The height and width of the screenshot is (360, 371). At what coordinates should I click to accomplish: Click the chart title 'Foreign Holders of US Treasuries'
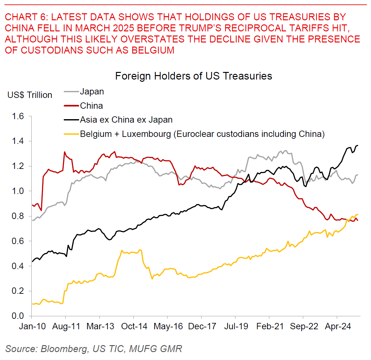[x=193, y=76]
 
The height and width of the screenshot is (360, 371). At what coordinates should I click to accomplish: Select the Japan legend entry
[x=92, y=92]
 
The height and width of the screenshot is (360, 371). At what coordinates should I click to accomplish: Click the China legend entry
[x=91, y=106]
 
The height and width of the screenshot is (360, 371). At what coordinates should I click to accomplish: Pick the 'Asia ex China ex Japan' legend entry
[x=126, y=120]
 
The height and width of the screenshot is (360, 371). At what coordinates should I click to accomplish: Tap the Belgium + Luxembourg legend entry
[x=202, y=134]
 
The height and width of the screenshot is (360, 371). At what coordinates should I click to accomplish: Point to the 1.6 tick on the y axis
[x=18, y=116]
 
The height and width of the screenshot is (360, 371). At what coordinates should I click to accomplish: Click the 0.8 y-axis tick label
[x=18, y=216]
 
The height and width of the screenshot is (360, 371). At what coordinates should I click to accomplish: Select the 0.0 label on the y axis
[x=18, y=316]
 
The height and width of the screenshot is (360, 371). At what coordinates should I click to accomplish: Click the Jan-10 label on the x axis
[x=32, y=326]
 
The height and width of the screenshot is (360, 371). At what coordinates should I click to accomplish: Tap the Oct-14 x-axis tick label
[x=134, y=326]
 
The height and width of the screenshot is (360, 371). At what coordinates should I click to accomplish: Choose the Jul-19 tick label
[x=236, y=326]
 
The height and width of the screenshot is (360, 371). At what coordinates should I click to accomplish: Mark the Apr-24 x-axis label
[x=338, y=326]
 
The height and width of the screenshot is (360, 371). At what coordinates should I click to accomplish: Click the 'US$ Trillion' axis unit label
[x=30, y=95]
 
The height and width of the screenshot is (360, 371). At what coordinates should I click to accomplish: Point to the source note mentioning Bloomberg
[x=94, y=349]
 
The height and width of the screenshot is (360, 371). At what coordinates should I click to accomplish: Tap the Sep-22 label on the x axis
[x=304, y=326]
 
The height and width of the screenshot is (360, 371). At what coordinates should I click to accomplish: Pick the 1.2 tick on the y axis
[x=18, y=166]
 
